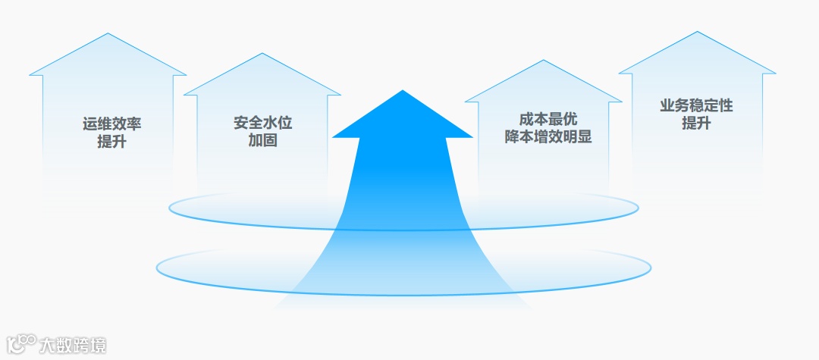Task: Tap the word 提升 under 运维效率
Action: point(111,142)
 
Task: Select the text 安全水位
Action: point(262,123)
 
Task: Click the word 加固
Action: point(262,140)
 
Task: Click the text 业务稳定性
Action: point(696,106)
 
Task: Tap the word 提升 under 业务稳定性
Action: point(696,124)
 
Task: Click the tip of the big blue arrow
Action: point(403,91)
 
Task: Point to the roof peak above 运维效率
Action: point(108,34)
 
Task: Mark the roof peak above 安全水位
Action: point(262,54)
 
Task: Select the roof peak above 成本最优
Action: point(544,61)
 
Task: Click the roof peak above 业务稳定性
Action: point(697,32)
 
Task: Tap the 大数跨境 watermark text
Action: point(73,346)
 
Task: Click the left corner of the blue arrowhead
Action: point(333,137)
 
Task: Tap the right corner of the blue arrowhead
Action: point(472,137)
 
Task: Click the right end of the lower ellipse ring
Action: point(651,266)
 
